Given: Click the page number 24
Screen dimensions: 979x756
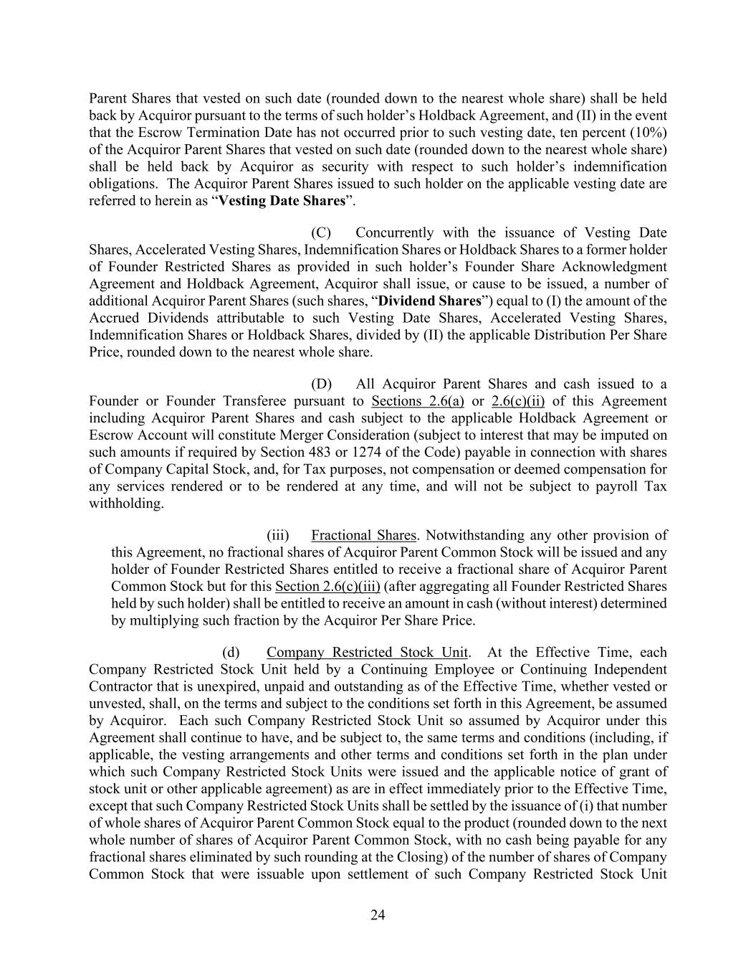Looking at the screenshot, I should click(378, 914).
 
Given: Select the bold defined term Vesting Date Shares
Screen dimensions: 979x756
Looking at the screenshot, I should click(282, 201).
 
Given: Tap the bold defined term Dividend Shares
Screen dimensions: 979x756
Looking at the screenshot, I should click(429, 301).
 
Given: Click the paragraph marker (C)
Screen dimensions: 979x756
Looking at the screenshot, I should click(320, 233).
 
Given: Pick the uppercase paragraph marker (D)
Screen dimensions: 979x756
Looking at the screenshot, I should click(320, 384).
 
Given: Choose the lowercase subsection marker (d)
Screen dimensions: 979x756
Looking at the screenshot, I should click(231, 653).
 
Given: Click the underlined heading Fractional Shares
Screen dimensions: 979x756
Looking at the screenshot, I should click(363, 536).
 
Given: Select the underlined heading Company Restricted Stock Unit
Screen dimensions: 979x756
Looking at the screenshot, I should click(367, 653).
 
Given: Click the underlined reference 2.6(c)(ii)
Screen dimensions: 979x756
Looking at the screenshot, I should click(518, 402).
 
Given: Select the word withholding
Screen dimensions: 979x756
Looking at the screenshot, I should click(126, 503).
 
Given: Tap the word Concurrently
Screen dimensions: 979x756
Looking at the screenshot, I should click(394, 233).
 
